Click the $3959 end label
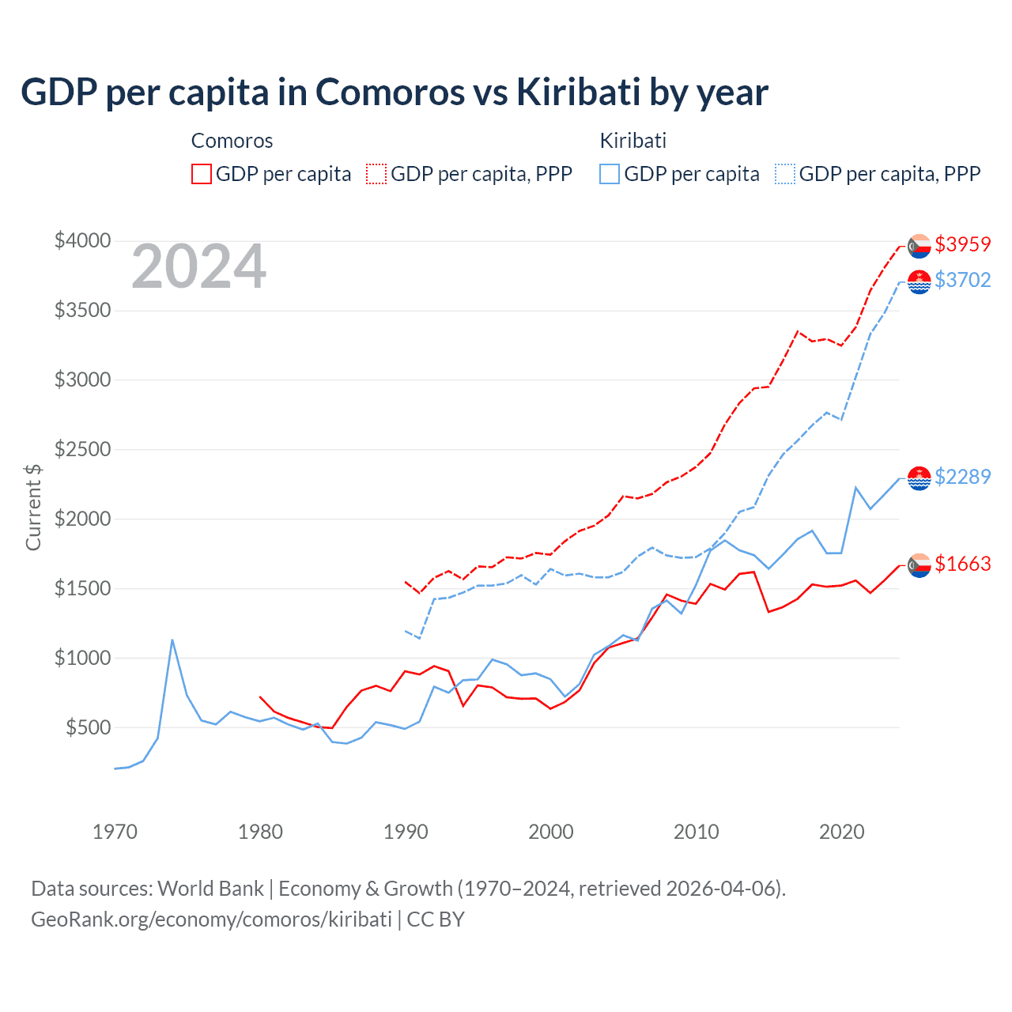(962, 244)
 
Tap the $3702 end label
(962, 280)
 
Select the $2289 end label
(962, 477)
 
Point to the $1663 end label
(962, 564)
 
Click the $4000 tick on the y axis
(82, 240)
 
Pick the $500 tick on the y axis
(88, 727)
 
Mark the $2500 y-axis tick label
(82, 449)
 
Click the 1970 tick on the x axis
(115, 832)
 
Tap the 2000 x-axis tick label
(551, 832)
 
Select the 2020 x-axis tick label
(841, 832)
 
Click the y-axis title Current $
(33, 507)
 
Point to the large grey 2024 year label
(198, 267)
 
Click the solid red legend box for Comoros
(202, 174)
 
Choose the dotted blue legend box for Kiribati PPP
(785, 174)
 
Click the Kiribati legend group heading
(632, 141)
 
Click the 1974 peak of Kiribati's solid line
(172, 640)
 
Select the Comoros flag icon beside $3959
(919, 246)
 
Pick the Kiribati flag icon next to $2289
(919, 478)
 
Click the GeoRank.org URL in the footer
(211, 919)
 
